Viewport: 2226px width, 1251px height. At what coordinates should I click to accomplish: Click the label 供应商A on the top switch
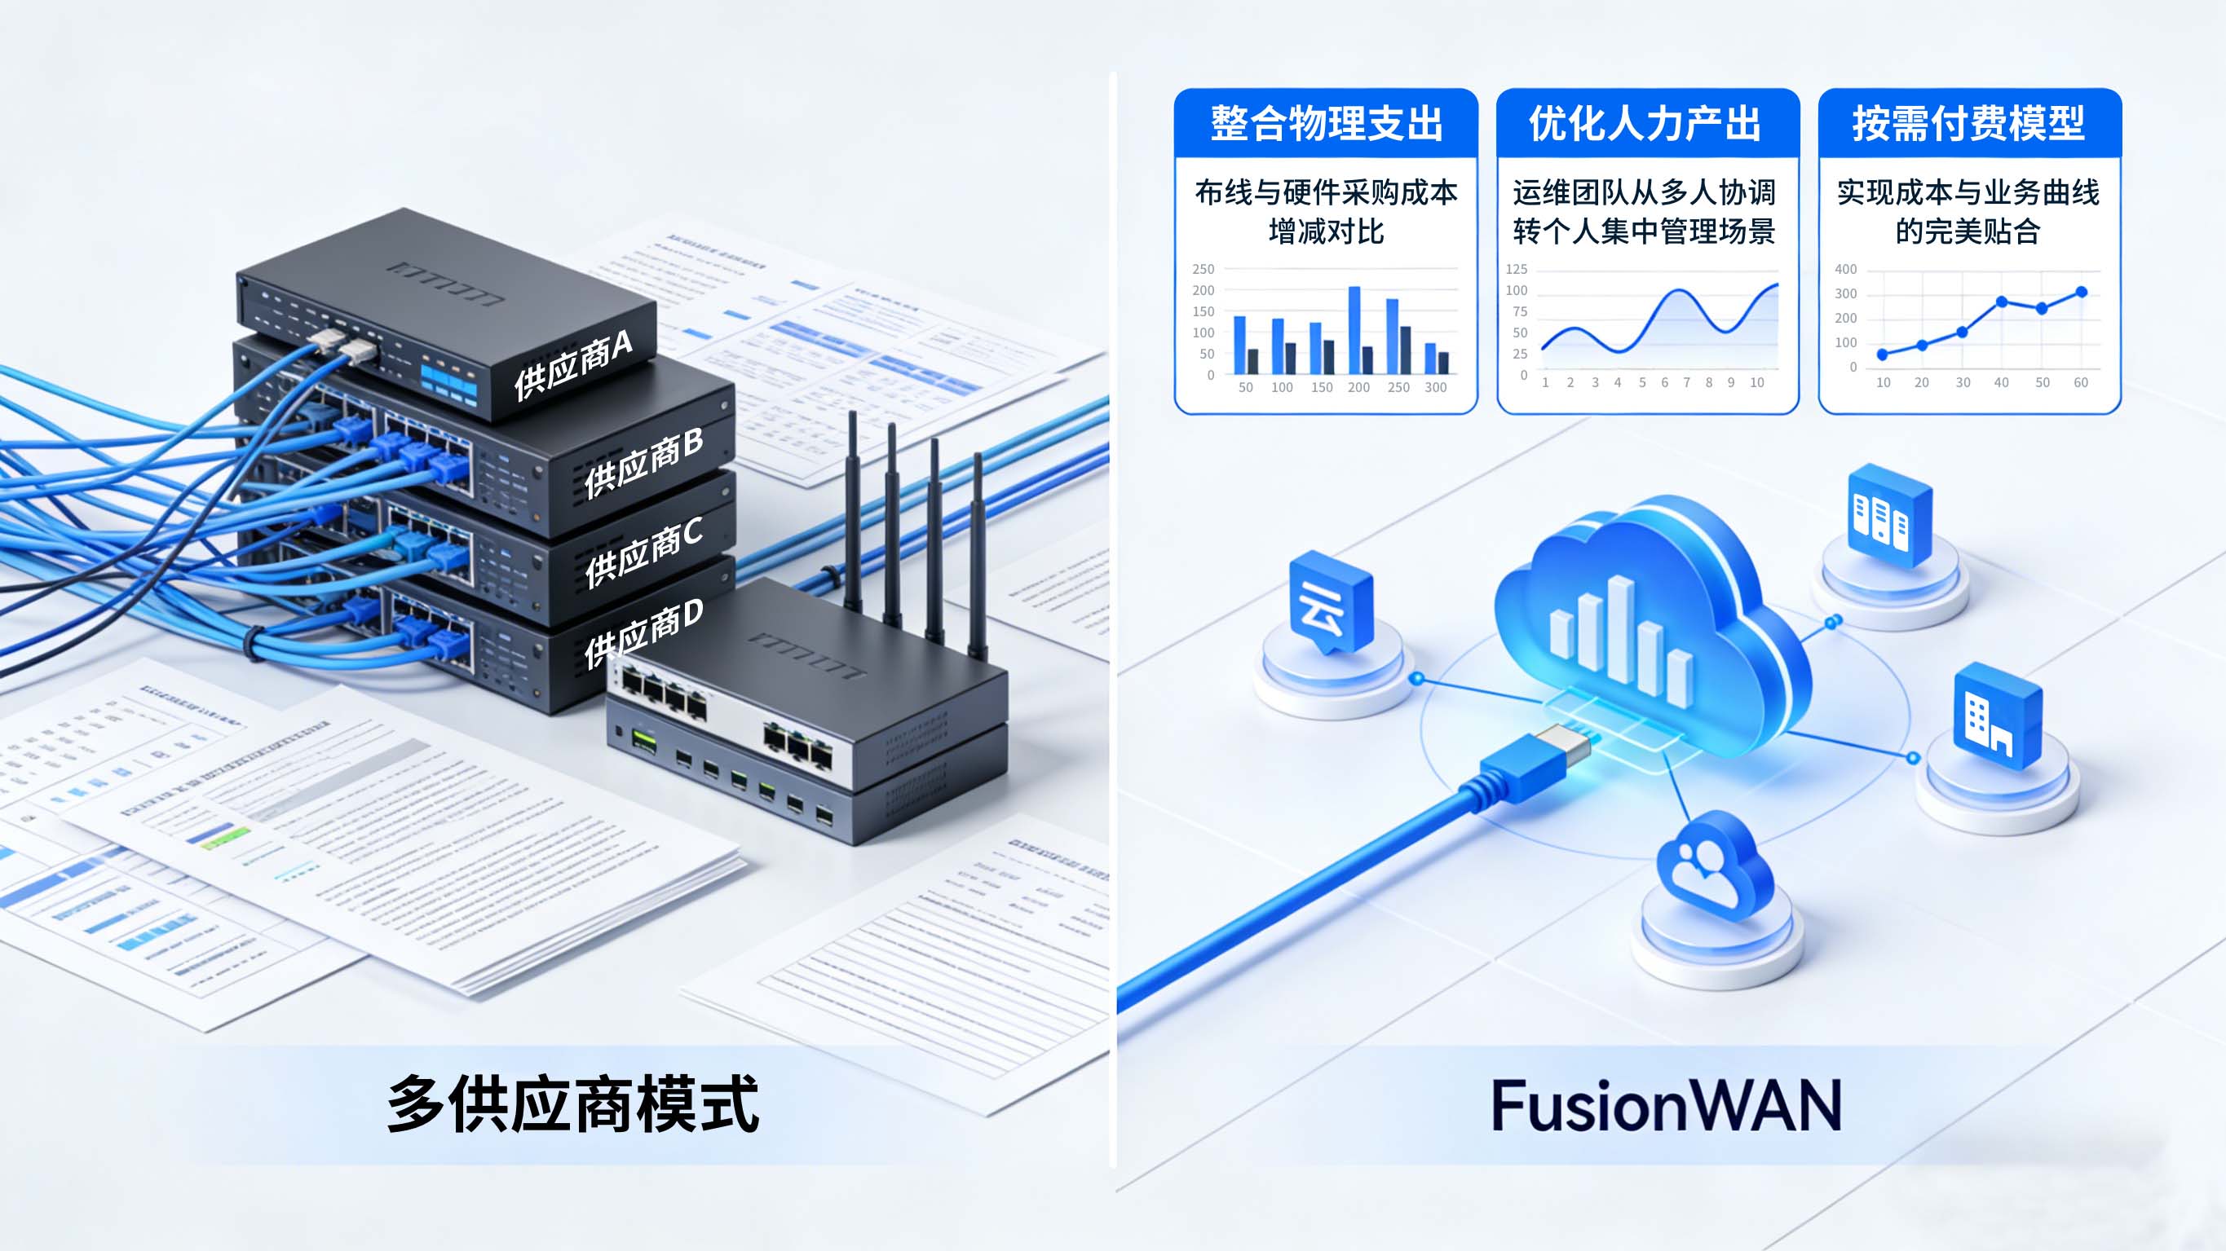click(574, 366)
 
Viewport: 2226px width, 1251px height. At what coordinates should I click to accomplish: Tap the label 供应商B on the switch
click(644, 461)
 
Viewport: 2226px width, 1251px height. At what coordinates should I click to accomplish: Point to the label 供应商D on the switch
click(644, 633)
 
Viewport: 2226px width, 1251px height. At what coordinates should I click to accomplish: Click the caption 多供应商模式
click(574, 1104)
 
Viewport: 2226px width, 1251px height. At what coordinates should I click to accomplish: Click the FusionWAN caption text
click(1666, 1106)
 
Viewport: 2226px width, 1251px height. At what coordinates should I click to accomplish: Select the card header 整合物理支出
click(1326, 124)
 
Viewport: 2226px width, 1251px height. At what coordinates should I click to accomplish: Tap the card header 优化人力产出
click(1647, 124)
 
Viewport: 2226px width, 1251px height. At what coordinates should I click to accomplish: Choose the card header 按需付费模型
click(1968, 124)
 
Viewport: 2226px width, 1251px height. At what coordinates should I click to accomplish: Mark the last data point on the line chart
click(2081, 292)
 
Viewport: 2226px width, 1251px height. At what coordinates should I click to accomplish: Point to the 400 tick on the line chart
click(1845, 270)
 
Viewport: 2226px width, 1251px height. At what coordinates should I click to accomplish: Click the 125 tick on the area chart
click(1517, 270)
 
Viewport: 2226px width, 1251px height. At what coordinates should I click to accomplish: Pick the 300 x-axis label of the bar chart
click(1435, 388)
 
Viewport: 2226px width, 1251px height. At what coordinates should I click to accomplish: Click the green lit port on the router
click(644, 739)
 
